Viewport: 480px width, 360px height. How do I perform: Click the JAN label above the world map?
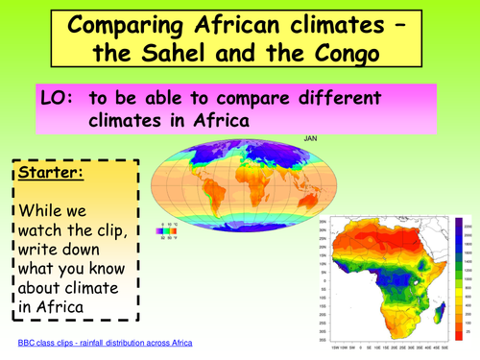tap(309, 137)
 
